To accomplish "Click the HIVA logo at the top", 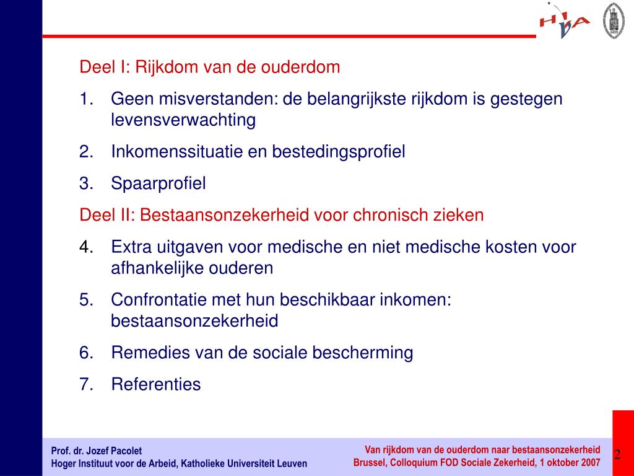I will [x=564, y=22].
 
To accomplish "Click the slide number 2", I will [x=617, y=455].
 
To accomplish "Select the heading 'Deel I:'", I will [x=105, y=67].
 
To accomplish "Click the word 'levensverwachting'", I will [x=183, y=120].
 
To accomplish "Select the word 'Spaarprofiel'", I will [x=158, y=183].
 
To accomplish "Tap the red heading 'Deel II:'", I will [x=107, y=215].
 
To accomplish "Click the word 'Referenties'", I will [x=156, y=384].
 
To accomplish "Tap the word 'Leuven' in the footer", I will [x=292, y=464].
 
